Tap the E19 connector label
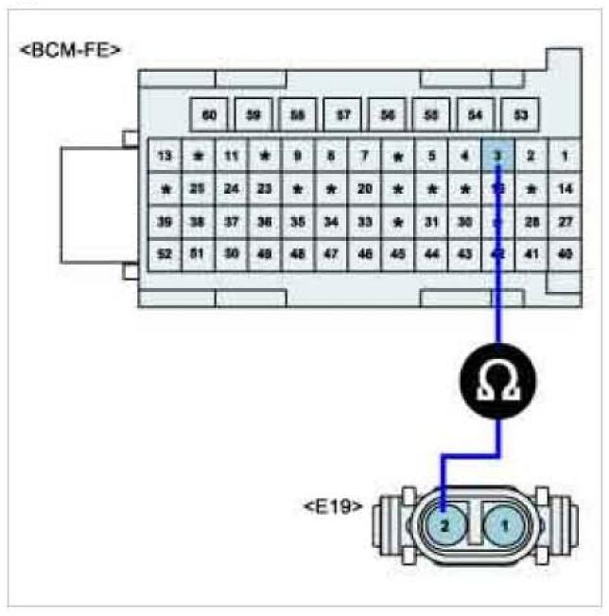[x=332, y=506]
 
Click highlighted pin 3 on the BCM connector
[x=498, y=155]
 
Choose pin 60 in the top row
[x=210, y=115]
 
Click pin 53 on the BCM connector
[x=520, y=115]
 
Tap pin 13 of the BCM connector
[x=165, y=155]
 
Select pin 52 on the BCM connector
[x=165, y=253]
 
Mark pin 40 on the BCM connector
[x=565, y=253]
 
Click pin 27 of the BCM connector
[x=565, y=221]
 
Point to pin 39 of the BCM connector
[x=165, y=221]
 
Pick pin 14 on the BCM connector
[x=565, y=188]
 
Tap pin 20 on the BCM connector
[x=365, y=188]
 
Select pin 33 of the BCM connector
[x=365, y=221]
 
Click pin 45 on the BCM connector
[x=398, y=253]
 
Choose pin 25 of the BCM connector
[x=199, y=188]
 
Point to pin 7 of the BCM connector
[x=365, y=155]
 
